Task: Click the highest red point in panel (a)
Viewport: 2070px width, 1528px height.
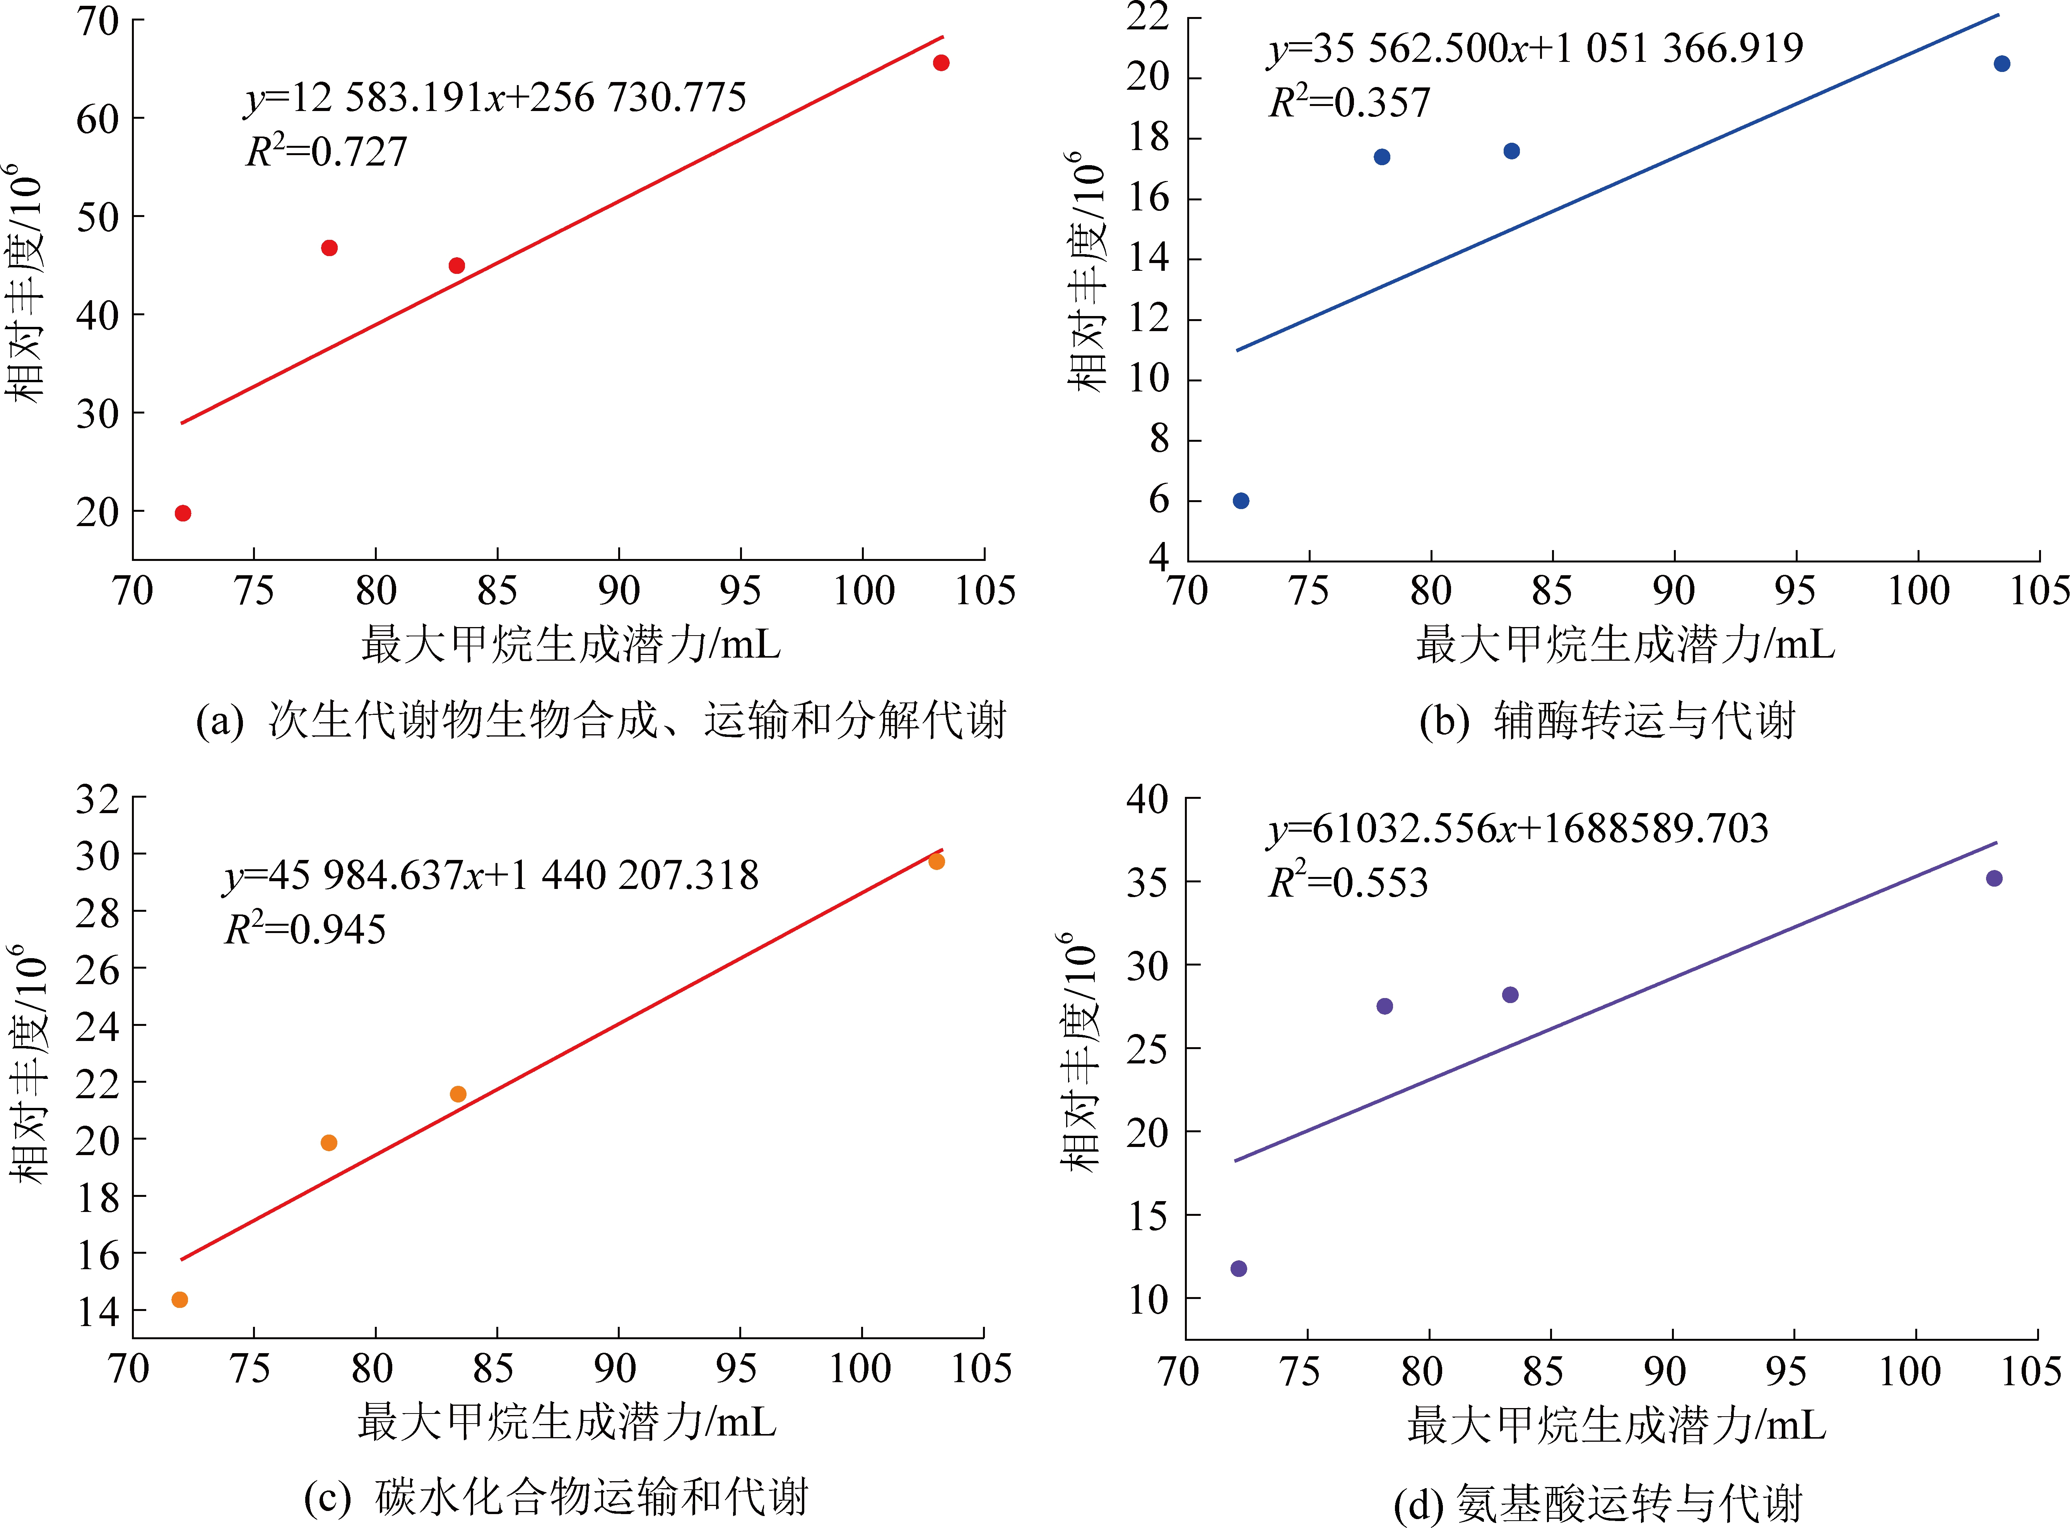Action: [x=941, y=63]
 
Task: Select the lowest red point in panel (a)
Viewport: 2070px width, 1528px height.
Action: [x=183, y=513]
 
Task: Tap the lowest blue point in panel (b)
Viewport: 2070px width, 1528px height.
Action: [x=1241, y=501]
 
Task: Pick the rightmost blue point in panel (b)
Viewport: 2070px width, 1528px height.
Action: [x=2002, y=64]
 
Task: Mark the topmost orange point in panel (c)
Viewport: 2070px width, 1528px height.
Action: [x=937, y=861]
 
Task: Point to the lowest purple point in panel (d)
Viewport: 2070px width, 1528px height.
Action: [x=1239, y=1268]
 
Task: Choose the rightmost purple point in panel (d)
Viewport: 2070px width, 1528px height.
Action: [x=1994, y=878]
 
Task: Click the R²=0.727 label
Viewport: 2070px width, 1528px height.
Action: [x=326, y=151]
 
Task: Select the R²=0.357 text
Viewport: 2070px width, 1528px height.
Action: [x=1349, y=102]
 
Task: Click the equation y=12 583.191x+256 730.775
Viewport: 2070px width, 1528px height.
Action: [x=495, y=97]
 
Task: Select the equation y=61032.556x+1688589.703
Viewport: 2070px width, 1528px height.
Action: [x=1517, y=828]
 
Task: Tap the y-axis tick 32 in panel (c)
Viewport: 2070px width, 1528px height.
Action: [x=98, y=798]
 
